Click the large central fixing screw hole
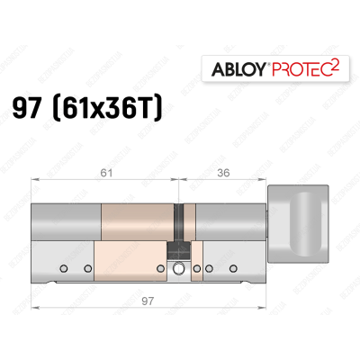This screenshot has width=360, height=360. tap(179, 268)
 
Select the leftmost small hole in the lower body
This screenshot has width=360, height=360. tap(62, 267)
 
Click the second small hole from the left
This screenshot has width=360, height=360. tap(88, 267)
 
